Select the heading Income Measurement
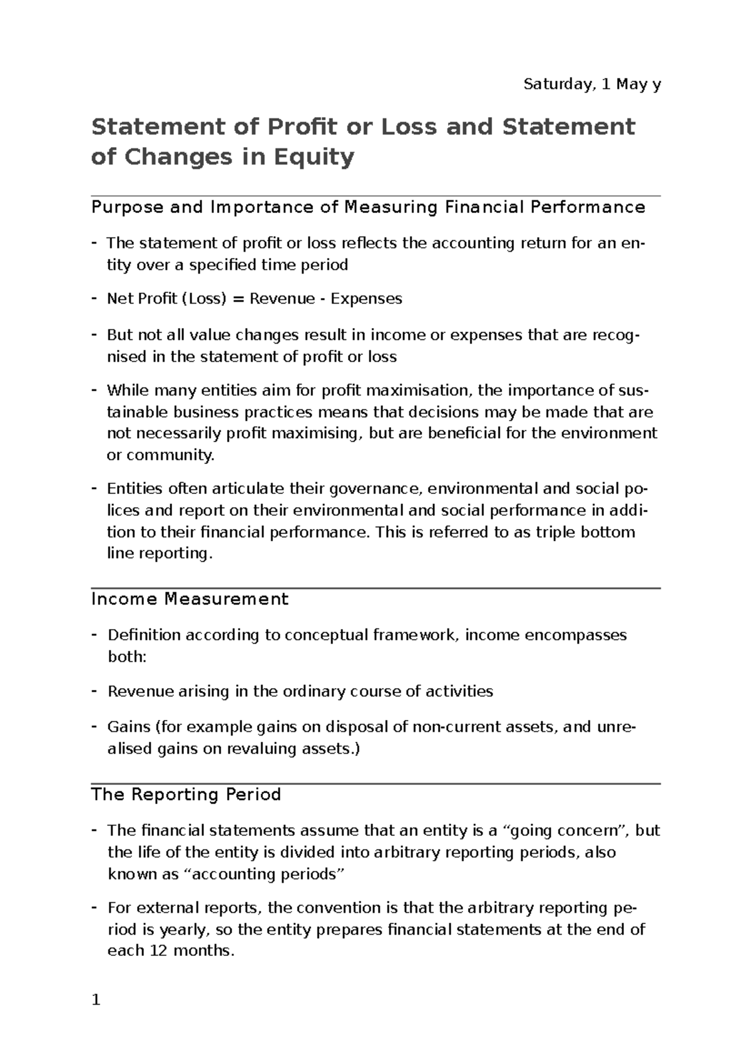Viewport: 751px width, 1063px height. (x=190, y=599)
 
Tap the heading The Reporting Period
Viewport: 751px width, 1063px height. (x=185, y=794)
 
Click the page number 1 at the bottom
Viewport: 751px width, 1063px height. (x=96, y=1000)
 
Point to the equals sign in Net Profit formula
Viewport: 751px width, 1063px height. (x=238, y=299)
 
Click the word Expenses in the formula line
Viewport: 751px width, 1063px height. (x=366, y=299)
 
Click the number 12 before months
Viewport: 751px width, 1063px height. (x=157, y=950)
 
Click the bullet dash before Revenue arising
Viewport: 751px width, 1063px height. (x=94, y=691)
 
